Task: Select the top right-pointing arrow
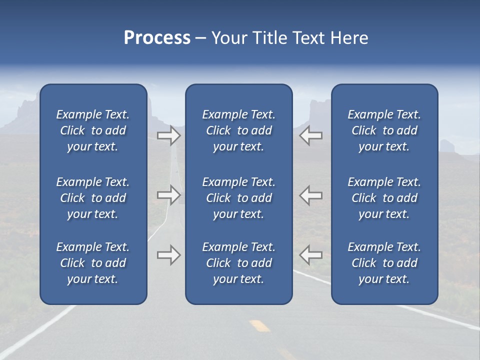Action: [169, 135]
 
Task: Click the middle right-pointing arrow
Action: [169, 195]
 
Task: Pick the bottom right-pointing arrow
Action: [169, 255]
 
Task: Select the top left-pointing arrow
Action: [310, 135]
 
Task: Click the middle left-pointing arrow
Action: [310, 195]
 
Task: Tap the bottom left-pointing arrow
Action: [310, 255]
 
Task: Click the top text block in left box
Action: [93, 130]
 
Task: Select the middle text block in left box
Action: [93, 198]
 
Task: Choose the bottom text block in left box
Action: [93, 263]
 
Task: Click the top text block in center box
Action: [239, 130]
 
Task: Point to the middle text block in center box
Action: [239, 198]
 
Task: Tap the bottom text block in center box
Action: [239, 263]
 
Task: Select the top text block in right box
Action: [384, 130]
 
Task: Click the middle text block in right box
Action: [384, 198]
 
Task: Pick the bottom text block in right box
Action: [384, 263]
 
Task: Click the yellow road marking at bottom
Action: [260, 325]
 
